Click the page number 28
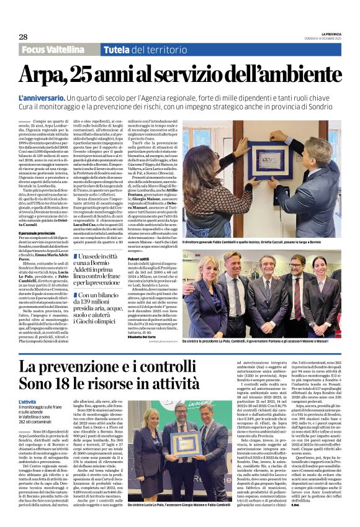click(x=23, y=37)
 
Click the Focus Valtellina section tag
click(x=57, y=50)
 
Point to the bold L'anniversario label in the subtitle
click(x=41, y=99)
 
